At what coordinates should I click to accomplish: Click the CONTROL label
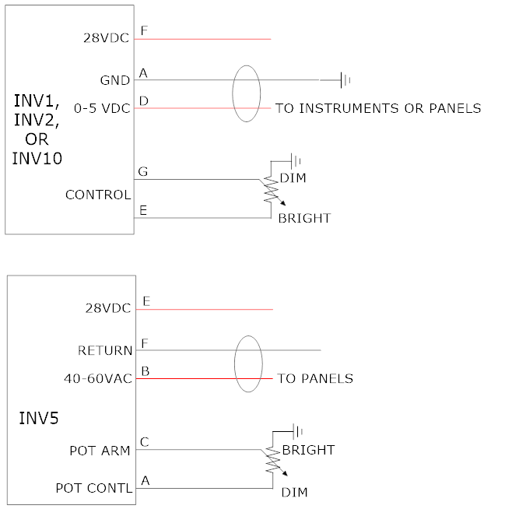[98, 195]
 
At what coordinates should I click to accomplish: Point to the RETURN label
[105, 350]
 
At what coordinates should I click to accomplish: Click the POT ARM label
[100, 450]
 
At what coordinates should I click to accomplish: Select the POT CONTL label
[94, 488]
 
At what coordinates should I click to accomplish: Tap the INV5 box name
[39, 419]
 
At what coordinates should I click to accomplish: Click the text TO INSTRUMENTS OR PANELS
[378, 108]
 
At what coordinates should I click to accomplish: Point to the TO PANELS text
[315, 379]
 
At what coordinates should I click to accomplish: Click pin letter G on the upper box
[143, 170]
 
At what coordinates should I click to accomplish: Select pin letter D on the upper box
[143, 100]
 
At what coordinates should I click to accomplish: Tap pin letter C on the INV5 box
[144, 442]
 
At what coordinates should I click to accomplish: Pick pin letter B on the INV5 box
[144, 370]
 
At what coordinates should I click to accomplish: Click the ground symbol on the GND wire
[345, 79]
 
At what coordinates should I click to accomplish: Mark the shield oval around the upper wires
[247, 94]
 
